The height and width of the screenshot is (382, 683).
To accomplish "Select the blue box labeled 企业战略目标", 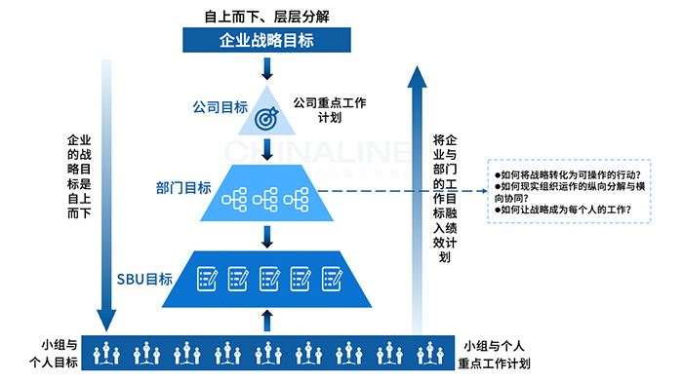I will coord(265,42).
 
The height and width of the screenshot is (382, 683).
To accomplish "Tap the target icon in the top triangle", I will coord(265,118).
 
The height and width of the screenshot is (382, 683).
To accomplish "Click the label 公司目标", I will coord(220,107).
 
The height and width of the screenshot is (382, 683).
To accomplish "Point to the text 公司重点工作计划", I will coord(329,109).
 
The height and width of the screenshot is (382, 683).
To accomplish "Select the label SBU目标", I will coord(145,279).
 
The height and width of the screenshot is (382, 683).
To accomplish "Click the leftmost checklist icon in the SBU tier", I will coord(206,279).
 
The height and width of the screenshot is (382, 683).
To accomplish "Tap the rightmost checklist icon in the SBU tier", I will coord(328,279).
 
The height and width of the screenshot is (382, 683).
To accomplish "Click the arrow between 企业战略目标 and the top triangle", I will coord(266,69).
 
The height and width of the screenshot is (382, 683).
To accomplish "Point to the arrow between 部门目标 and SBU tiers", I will coord(266,236).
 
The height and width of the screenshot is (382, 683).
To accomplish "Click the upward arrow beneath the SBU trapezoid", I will coord(266,321).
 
